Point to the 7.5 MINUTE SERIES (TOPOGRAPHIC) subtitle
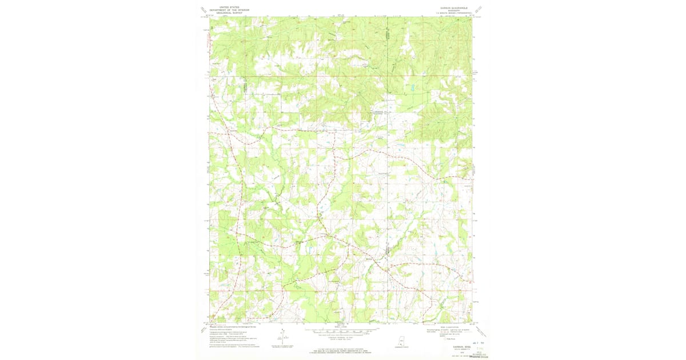pos(449,14)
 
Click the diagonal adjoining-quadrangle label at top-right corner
pos(479,9)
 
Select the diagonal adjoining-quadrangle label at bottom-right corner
pos(479,330)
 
